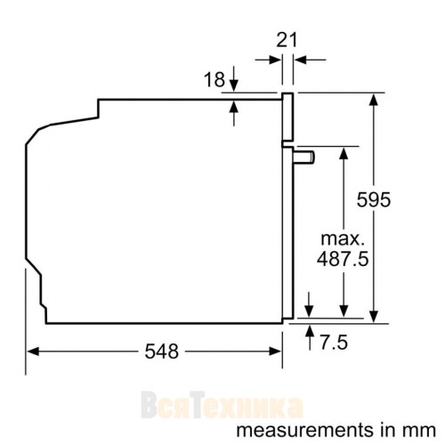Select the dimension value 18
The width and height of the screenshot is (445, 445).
[214, 80]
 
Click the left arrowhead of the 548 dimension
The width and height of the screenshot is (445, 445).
[30, 351]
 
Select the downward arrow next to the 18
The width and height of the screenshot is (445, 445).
[234, 85]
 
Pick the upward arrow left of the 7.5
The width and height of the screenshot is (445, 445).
[310, 331]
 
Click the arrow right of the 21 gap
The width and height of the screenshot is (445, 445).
[300, 61]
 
